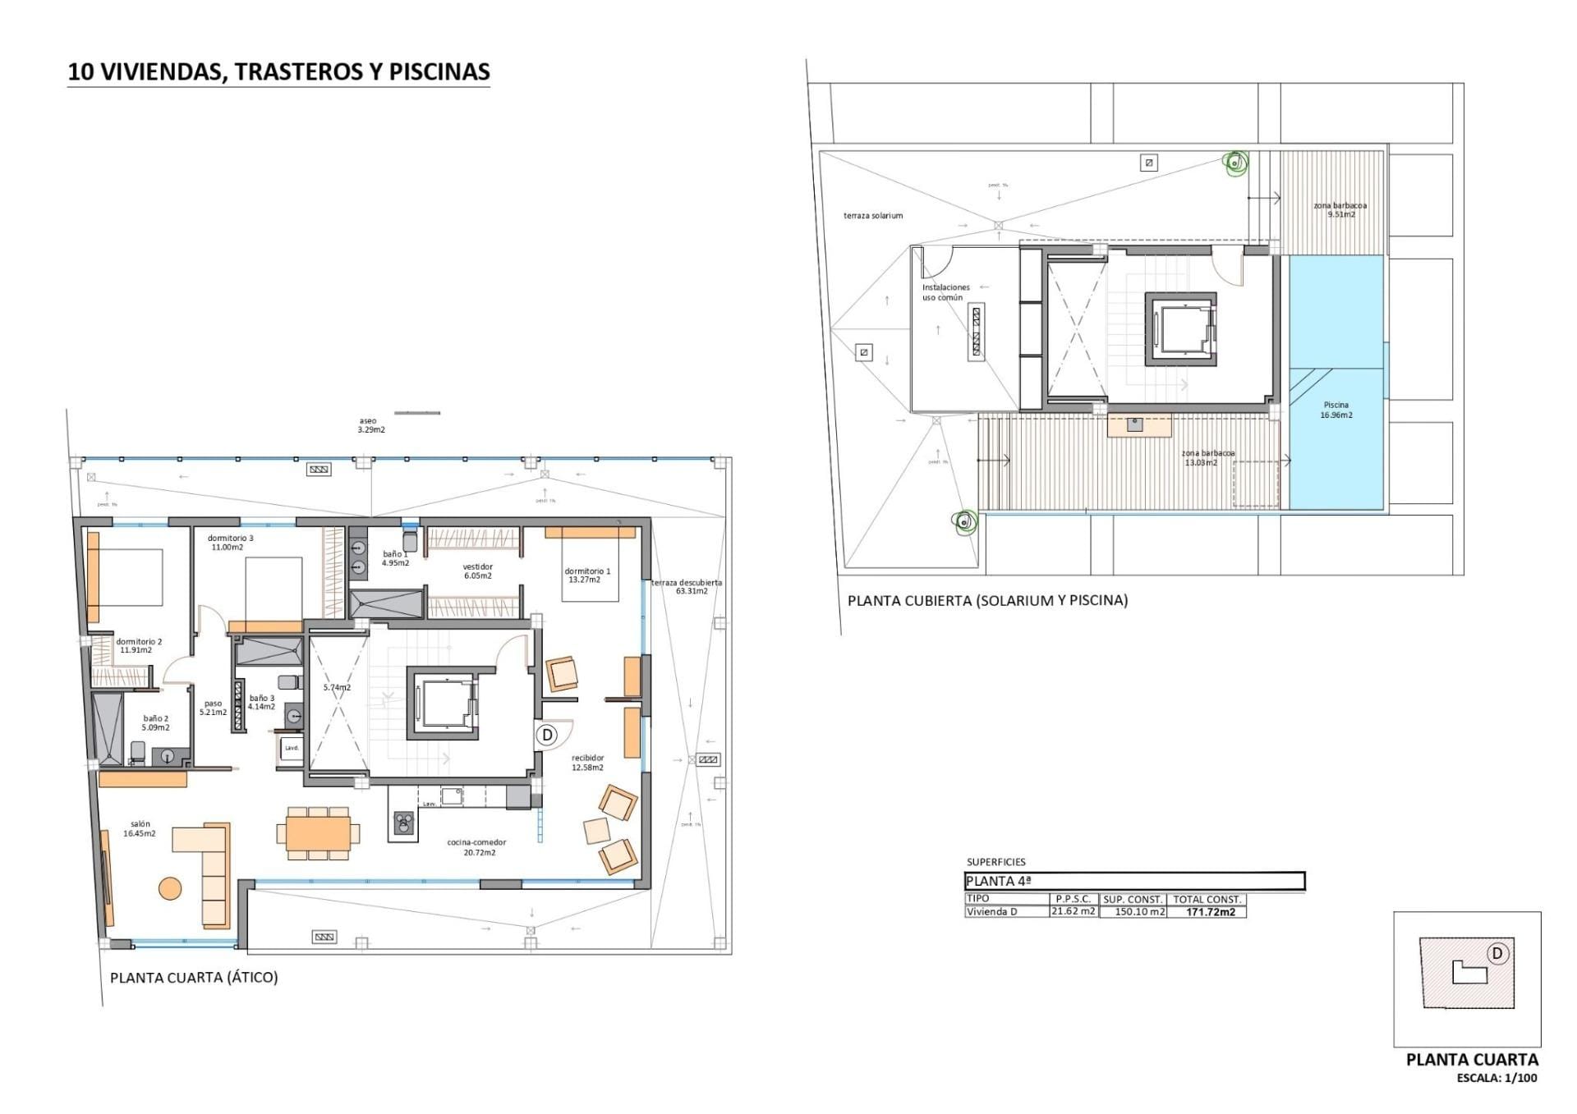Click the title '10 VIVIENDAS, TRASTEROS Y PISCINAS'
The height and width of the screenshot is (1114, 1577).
point(278,71)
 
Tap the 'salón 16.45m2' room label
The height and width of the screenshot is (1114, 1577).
point(140,828)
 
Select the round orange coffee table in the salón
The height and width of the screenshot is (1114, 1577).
point(170,888)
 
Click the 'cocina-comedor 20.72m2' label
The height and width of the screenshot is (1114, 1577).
point(476,847)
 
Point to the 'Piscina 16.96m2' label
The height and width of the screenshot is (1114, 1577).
point(1336,410)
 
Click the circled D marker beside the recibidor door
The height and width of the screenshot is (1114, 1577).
point(548,735)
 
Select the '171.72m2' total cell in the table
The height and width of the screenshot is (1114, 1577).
point(1211,912)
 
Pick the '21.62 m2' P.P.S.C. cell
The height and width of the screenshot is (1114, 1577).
point(1074,911)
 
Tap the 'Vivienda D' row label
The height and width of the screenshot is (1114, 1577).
point(991,912)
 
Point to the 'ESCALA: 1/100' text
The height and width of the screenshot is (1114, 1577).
point(1497,1078)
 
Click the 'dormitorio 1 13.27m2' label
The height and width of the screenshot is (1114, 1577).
point(586,575)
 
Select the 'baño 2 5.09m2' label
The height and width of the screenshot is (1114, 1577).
point(156,722)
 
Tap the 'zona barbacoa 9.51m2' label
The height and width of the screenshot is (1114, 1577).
point(1340,209)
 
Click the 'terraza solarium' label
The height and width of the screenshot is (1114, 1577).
point(873,216)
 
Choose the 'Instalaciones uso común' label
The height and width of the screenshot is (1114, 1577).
point(946,292)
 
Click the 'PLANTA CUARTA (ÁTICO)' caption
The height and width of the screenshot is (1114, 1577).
point(194,978)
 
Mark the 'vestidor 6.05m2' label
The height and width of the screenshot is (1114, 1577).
point(477,571)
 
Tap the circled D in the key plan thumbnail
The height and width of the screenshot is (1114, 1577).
point(1497,953)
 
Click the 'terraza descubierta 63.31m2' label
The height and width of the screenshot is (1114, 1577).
point(687,586)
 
